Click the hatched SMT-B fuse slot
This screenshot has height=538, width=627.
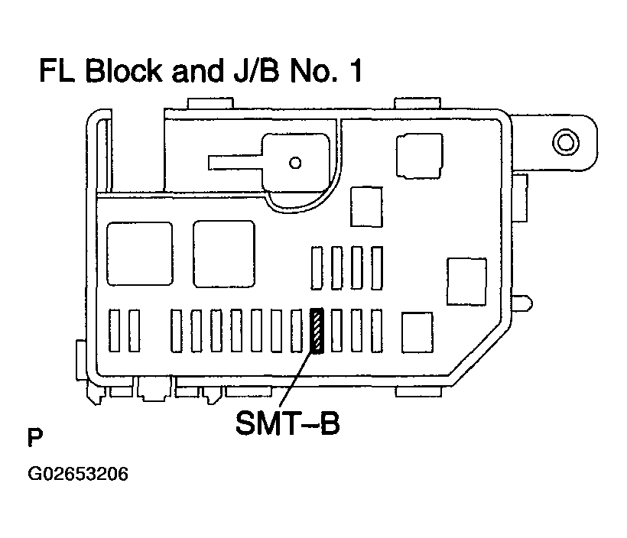pyautogui.click(x=317, y=331)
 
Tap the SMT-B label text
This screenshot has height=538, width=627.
pyautogui.click(x=288, y=423)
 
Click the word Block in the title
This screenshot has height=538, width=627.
pyautogui.click(x=124, y=71)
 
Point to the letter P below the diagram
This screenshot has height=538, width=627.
pyautogui.click(x=34, y=437)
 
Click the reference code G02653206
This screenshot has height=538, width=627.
pyautogui.click(x=78, y=474)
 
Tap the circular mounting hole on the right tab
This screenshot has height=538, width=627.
pyautogui.click(x=565, y=142)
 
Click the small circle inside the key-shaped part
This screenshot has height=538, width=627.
pyautogui.click(x=295, y=163)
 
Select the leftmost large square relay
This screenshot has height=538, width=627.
pyautogui.click(x=140, y=254)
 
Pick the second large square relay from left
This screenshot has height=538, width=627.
pyautogui.click(x=224, y=254)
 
